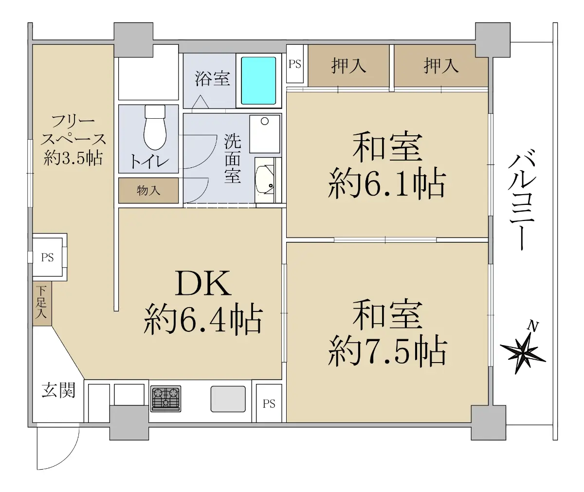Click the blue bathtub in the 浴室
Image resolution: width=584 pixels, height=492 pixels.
point(258,81)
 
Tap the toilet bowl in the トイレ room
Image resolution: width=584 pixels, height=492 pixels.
point(155,128)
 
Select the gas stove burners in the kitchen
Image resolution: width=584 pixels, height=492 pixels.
point(165,399)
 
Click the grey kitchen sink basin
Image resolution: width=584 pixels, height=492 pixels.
point(228,399)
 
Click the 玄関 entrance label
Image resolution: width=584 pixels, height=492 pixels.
point(58,390)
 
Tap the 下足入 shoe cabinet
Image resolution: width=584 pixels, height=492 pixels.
point(42,303)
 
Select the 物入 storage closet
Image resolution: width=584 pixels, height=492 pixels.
point(148,191)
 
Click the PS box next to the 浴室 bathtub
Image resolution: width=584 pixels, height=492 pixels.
point(295,64)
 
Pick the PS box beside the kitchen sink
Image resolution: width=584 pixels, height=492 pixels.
point(269,403)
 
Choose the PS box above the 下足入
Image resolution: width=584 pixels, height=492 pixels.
point(47,257)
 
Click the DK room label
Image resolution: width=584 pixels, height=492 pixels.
point(203,284)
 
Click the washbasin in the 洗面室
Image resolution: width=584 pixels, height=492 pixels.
point(265,180)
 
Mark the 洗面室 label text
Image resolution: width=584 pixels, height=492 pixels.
point(233,159)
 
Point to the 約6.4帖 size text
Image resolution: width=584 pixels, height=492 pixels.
point(203,320)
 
